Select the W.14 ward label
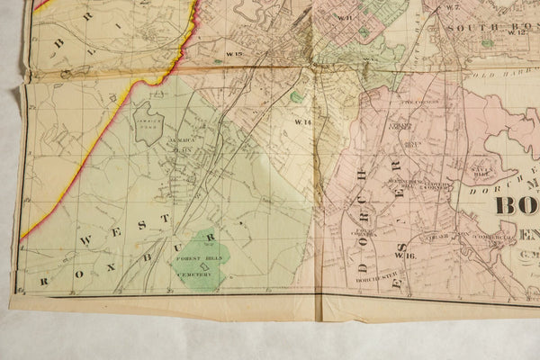click(301, 121)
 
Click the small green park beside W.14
click(296, 96)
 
